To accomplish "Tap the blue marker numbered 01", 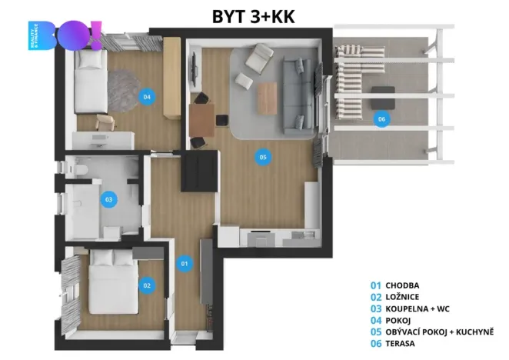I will tap(185, 264).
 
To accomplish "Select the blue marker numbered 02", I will tap(146, 285).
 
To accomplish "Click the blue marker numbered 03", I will tap(108, 199).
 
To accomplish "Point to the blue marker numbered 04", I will tap(146, 97).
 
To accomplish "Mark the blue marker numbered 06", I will tap(381, 118).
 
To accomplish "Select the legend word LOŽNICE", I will tap(404, 296).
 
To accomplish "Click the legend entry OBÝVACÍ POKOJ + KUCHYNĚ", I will tap(440, 332).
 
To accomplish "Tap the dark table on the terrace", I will tap(383, 98).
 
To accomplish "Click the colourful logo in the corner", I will tap(65, 37).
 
